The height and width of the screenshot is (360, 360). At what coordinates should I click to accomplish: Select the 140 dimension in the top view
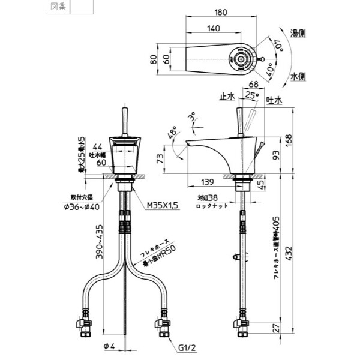213,28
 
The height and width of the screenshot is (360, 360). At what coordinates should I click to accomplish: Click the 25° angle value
252,95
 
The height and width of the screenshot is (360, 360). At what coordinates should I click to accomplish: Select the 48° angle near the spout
172,133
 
